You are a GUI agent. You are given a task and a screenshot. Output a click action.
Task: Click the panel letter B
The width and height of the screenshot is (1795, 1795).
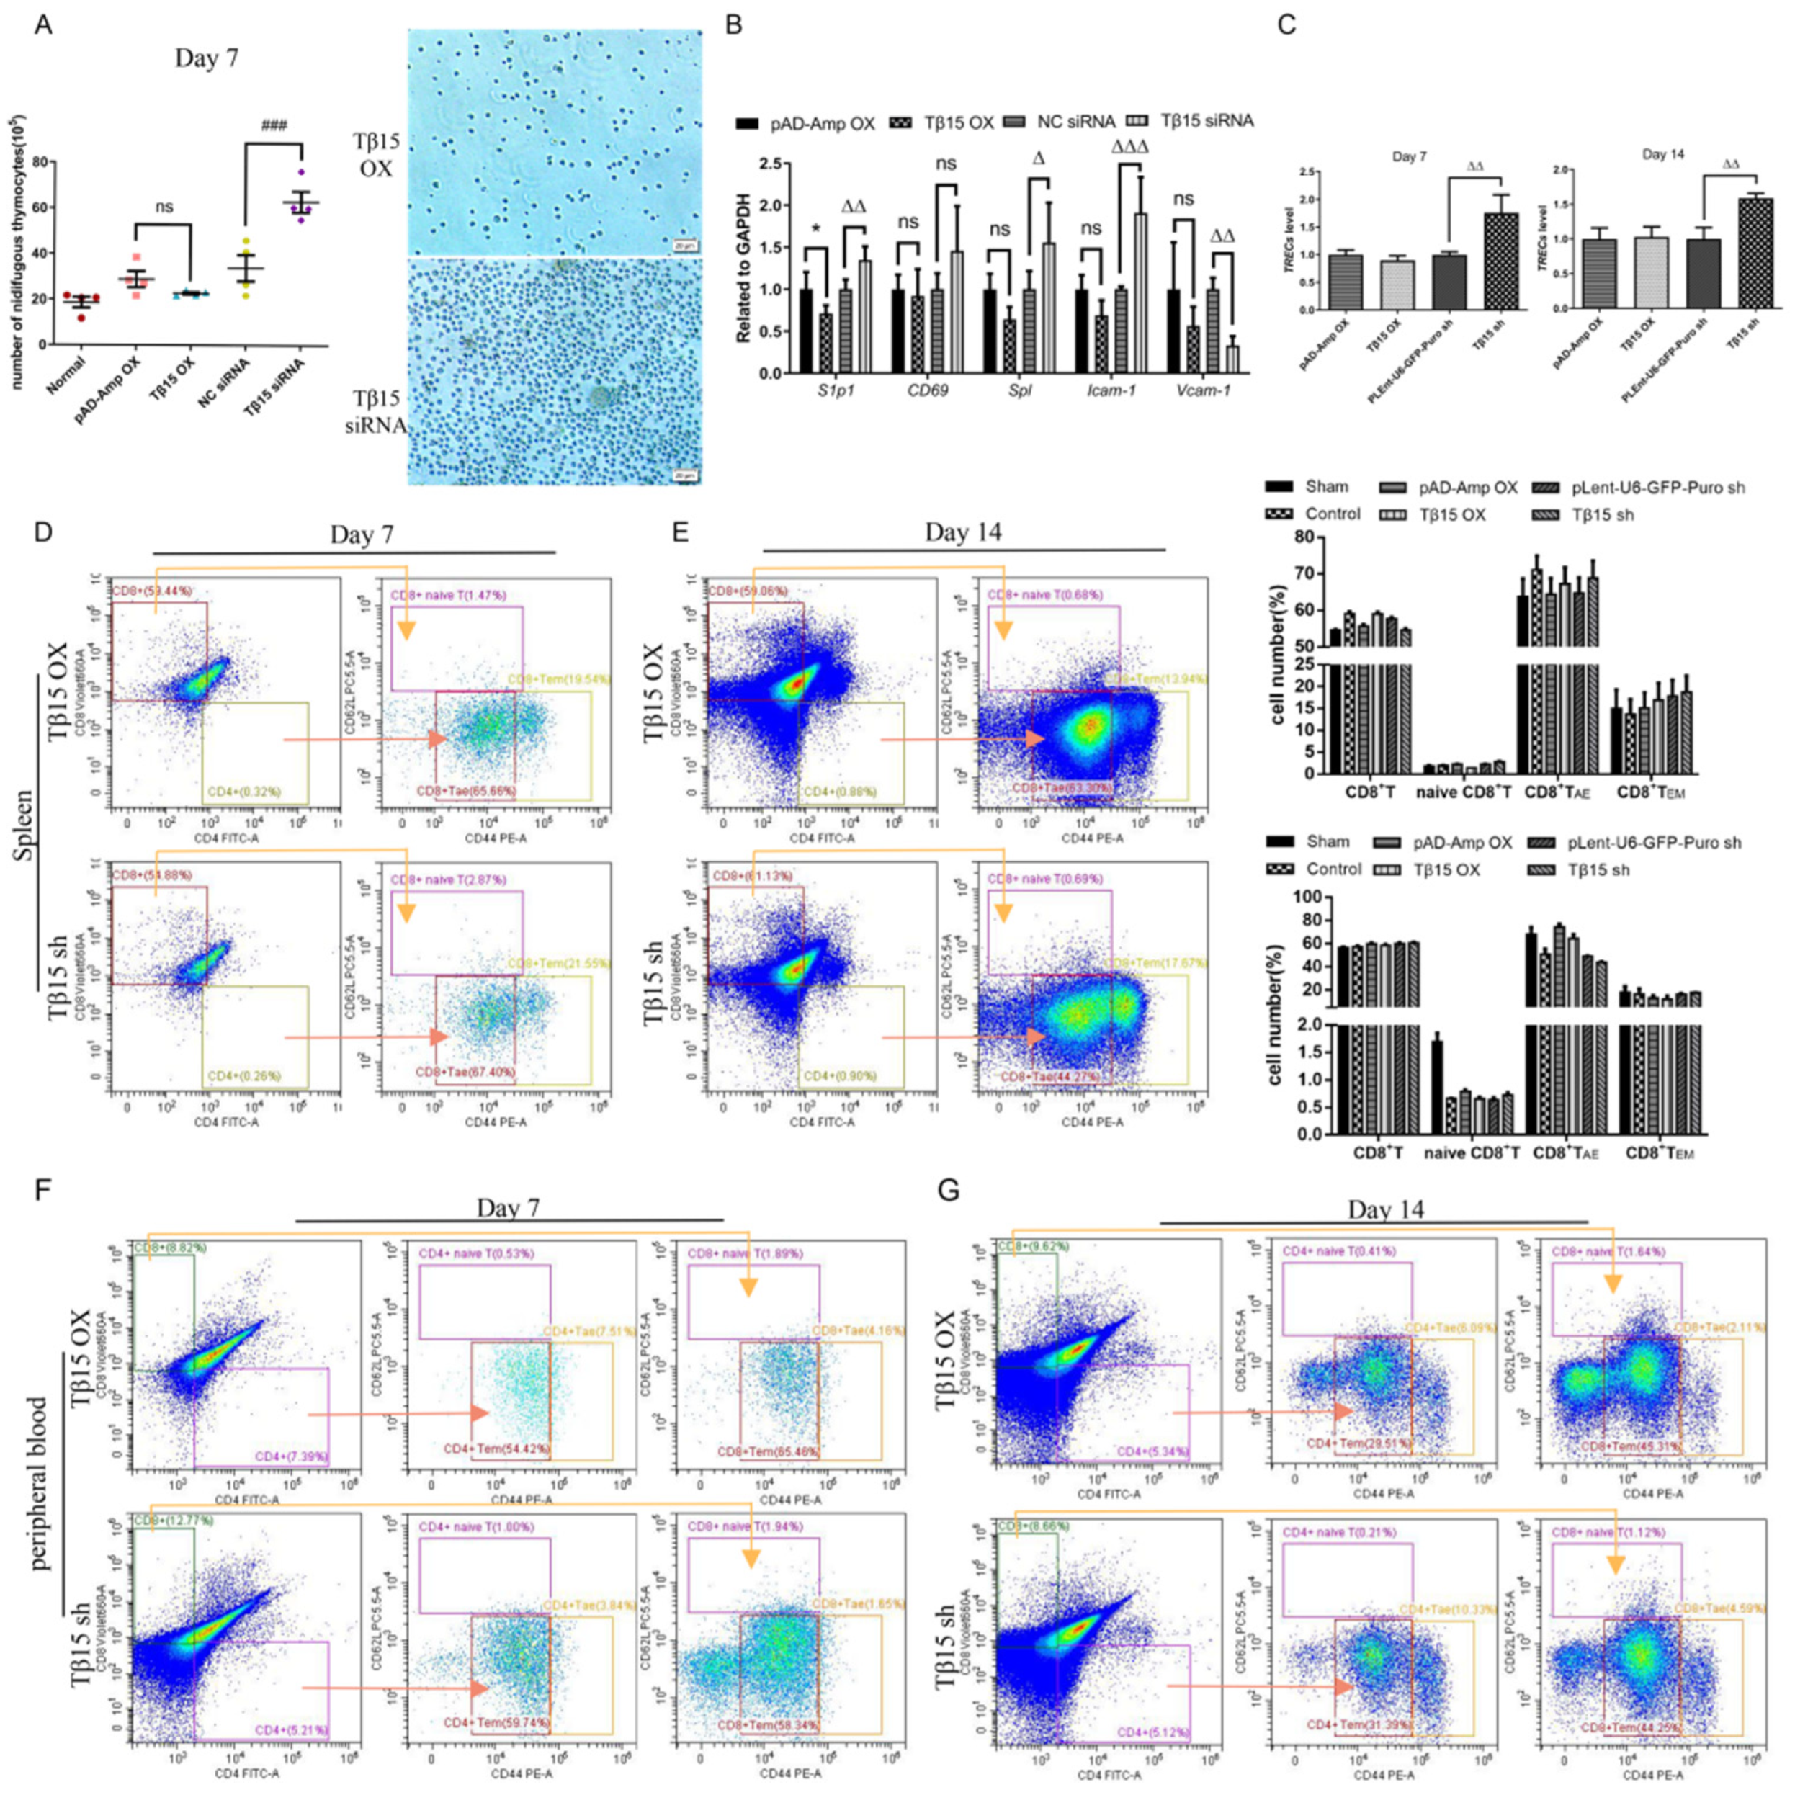pyautogui.click(x=734, y=25)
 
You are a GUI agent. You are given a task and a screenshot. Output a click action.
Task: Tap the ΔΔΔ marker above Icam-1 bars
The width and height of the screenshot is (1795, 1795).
pyautogui.click(x=1129, y=147)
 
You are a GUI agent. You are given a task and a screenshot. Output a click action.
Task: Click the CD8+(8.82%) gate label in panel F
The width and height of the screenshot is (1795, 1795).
pyautogui.click(x=170, y=1248)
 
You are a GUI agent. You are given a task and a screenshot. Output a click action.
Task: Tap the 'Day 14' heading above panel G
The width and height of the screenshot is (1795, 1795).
pyautogui.click(x=1385, y=1209)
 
